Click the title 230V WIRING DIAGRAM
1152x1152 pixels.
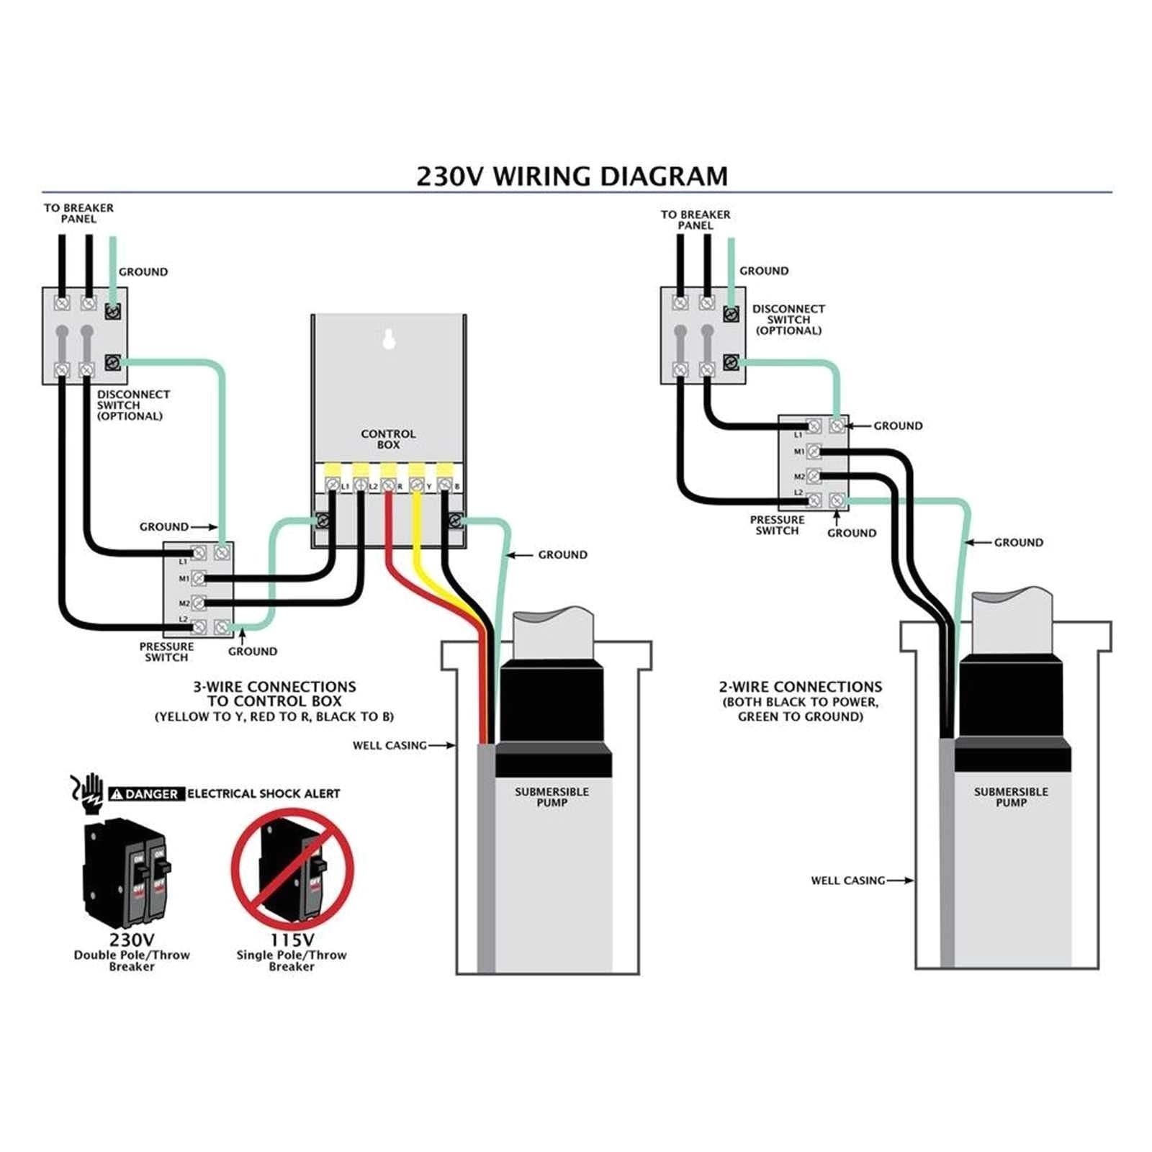pyautogui.click(x=572, y=176)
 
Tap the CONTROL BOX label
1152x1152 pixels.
pyautogui.click(x=388, y=439)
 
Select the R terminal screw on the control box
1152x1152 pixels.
pyautogui.click(x=388, y=486)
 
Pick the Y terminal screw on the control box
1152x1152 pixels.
pyautogui.click(x=416, y=486)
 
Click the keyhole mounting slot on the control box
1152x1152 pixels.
pyautogui.click(x=389, y=338)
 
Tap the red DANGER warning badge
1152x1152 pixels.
pyautogui.click(x=147, y=793)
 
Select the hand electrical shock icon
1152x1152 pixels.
pyautogui.click(x=89, y=793)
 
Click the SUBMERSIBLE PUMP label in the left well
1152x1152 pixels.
pyautogui.click(x=552, y=797)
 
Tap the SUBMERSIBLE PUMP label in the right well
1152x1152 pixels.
pyautogui.click(x=1011, y=797)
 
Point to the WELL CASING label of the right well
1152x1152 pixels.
pyautogui.click(x=847, y=880)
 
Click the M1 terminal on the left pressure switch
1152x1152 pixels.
pyautogui.click(x=198, y=578)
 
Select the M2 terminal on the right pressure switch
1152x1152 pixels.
pyautogui.click(x=814, y=476)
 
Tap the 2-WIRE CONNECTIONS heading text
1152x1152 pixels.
pyautogui.click(x=800, y=687)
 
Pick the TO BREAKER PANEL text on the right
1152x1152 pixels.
pyautogui.click(x=695, y=220)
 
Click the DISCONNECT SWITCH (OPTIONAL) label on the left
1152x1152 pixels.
pyautogui.click(x=133, y=405)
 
